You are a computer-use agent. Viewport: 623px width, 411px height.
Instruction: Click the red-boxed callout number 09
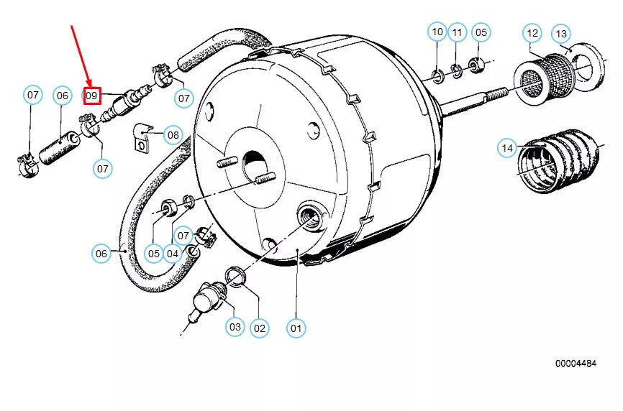tap(91, 95)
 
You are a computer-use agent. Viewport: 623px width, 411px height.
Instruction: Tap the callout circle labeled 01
tap(296, 328)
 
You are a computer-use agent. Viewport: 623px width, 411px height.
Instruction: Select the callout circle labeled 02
tap(259, 328)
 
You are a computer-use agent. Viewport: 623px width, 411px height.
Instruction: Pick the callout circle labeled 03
tap(235, 327)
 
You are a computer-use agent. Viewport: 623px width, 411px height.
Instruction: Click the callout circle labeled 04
tap(173, 253)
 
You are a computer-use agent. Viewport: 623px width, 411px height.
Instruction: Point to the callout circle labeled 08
tap(173, 134)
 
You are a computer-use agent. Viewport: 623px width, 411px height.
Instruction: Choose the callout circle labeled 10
tap(437, 32)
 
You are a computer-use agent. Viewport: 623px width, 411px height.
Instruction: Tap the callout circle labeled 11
tap(458, 32)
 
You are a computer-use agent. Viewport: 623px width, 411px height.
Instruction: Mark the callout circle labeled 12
tap(532, 33)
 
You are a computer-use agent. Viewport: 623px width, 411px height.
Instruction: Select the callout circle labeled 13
tap(561, 34)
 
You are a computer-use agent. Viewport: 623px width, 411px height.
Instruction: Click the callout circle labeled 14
tap(507, 149)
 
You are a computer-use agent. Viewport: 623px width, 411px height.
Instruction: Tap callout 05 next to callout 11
tap(481, 32)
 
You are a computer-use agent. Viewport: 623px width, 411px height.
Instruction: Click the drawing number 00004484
tap(576, 364)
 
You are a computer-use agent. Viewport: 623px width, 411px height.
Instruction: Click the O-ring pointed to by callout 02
tap(235, 276)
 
